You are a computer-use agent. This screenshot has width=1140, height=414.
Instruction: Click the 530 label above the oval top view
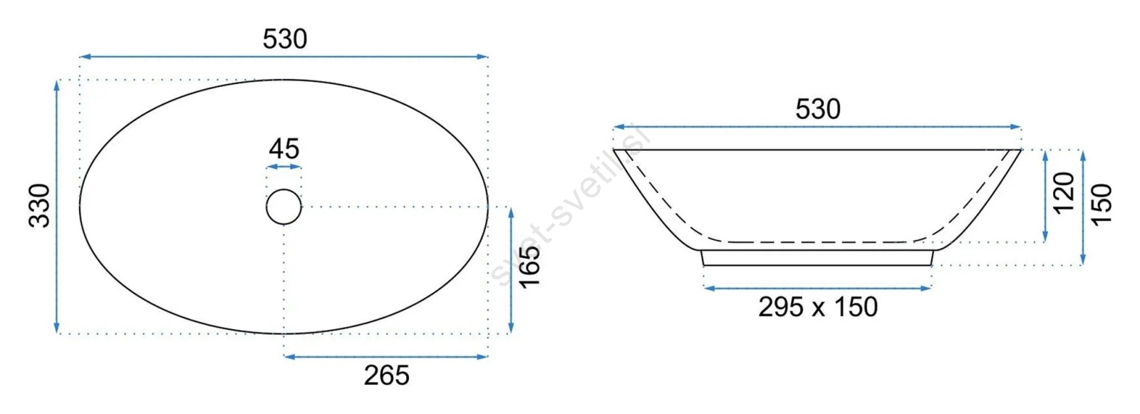[x=285, y=39]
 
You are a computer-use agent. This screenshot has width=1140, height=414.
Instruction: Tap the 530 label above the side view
[x=818, y=110]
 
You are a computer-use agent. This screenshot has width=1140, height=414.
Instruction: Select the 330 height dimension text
[x=40, y=206]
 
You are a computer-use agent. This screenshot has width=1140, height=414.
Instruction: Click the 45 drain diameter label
[x=284, y=149]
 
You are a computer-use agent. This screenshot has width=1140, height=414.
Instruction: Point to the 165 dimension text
[x=530, y=266]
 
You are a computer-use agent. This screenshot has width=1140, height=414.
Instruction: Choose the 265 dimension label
[x=386, y=376]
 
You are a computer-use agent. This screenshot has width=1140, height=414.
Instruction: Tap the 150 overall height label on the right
[x=1102, y=205]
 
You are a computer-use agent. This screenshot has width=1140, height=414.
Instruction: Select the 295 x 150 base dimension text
[x=818, y=307]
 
